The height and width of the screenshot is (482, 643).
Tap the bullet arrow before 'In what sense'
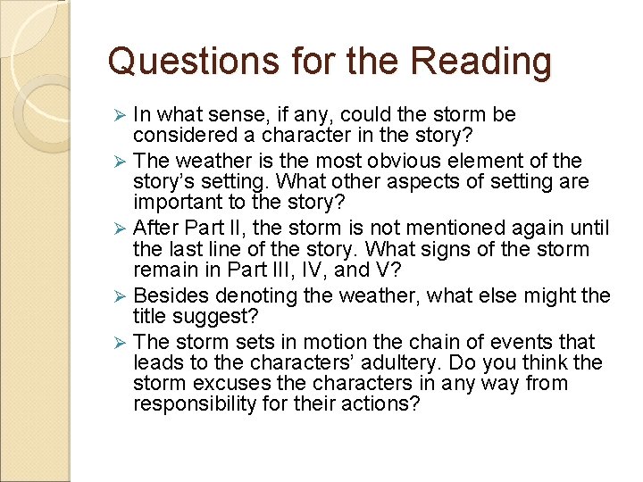[123, 115]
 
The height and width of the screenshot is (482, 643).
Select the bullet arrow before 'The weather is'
[123, 162]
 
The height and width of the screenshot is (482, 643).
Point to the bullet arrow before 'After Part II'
[123, 229]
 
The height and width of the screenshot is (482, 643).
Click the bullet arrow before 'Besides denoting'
[123, 296]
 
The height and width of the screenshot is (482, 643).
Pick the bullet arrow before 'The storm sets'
[123, 342]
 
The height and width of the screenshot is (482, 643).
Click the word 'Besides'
[169, 295]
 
